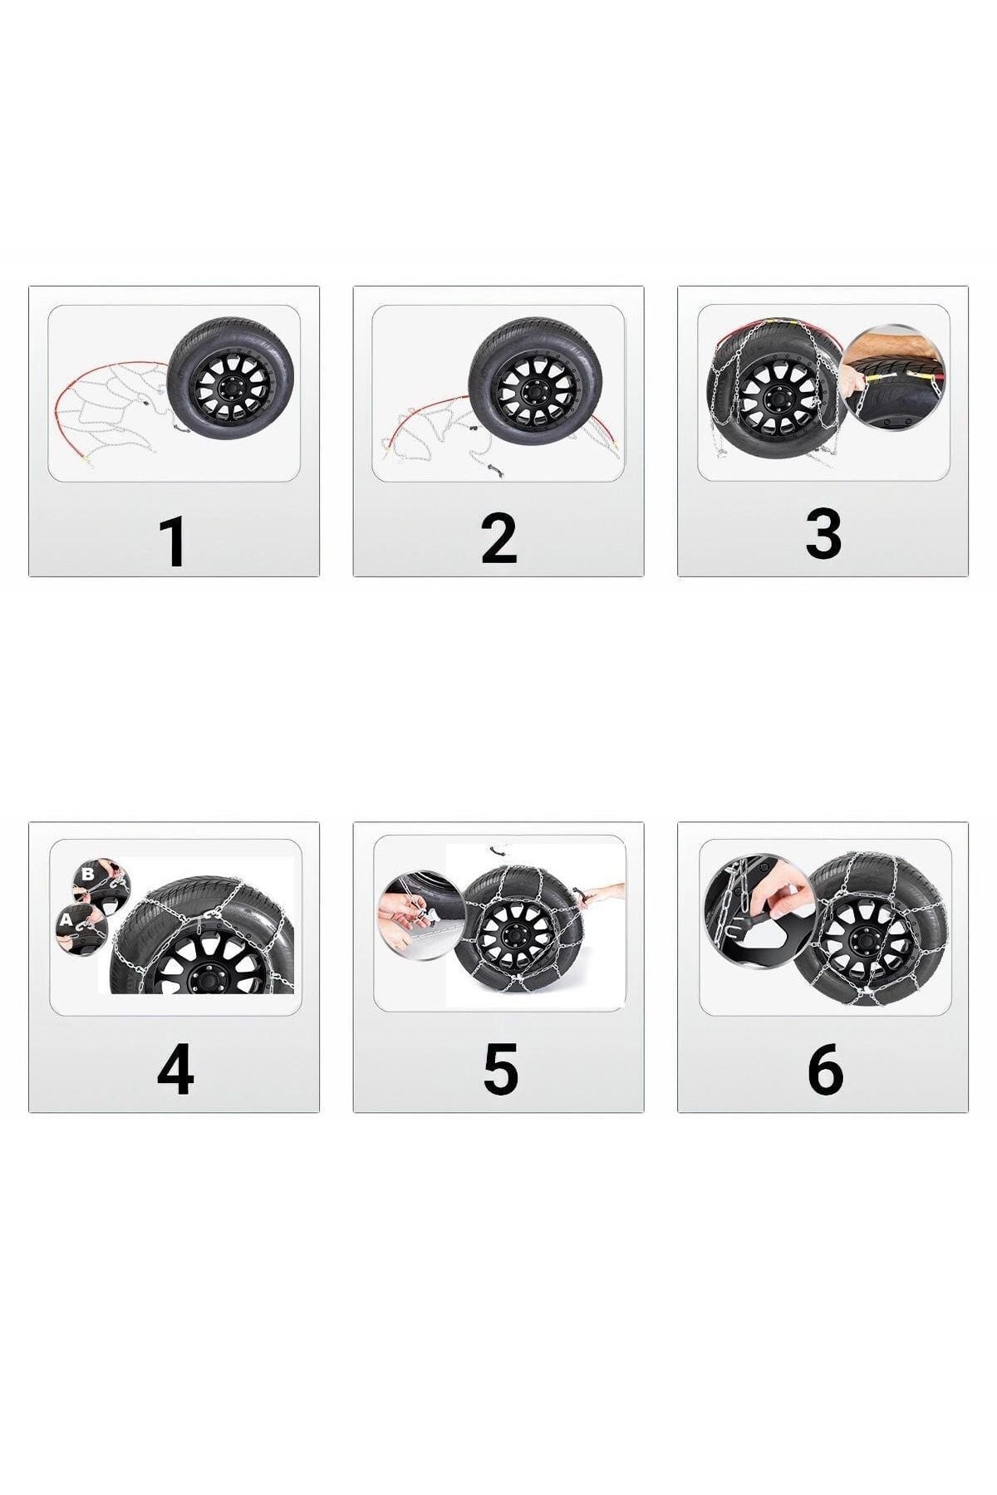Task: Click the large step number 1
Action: coord(174,541)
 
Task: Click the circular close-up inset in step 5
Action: coord(420,915)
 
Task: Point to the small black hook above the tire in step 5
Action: coord(498,850)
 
